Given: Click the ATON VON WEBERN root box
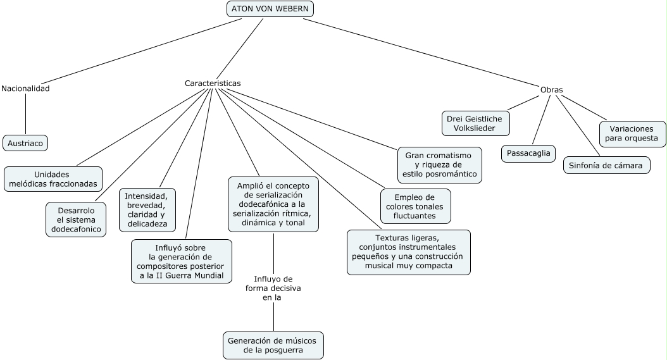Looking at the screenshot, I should (x=270, y=9).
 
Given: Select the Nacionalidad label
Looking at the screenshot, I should (x=25, y=89).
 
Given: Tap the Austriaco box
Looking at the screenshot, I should (x=25, y=143).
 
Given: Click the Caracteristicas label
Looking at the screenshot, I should (x=213, y=84).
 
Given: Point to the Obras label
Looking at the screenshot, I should (x=551, y=90).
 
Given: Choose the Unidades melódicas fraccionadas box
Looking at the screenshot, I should (x=53, y=179).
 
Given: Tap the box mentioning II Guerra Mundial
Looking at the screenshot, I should (x=182, y=261).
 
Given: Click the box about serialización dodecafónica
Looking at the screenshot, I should (x=273, y=205).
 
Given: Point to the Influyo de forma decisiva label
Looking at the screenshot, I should (x=273, y=288).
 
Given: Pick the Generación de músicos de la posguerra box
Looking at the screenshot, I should (x=273, y=345).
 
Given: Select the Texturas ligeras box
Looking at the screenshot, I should (x=408, y=252).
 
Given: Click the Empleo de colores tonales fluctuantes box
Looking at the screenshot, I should (x=415, y=206).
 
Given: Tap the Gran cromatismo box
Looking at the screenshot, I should (x=439, y=165).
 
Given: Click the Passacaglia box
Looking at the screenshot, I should (x=528, y=154).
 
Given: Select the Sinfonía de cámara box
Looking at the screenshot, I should (x=606, y=165).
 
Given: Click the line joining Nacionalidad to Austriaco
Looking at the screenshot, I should (x=25, y=116).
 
